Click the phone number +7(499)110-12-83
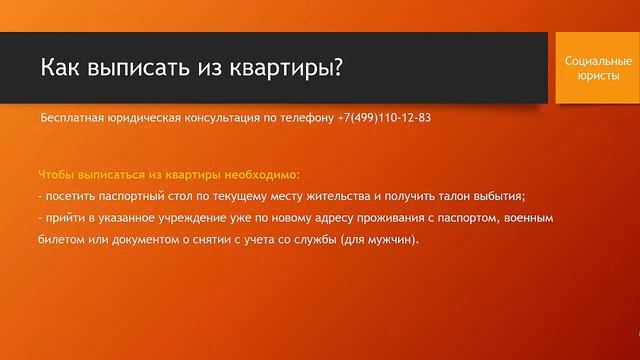384,118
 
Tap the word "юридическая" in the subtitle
148,118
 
